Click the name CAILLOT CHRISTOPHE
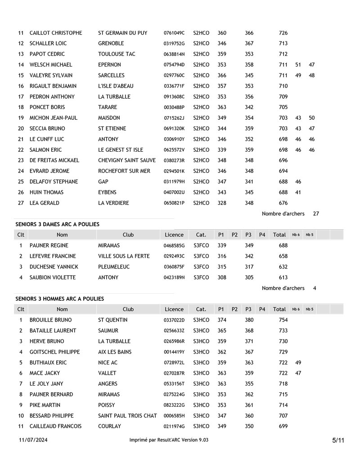point(56,33)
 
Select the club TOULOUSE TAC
point(117,54)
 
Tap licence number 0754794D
point(174,65)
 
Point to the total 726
point(283,33)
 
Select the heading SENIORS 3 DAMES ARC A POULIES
point(58,224)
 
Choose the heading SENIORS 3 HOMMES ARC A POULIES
point(59,299)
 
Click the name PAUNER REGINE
point(49,245)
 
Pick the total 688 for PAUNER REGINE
point(283,245)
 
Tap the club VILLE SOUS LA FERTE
point(124,256)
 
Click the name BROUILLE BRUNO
point(50,320)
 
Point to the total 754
point(283,320)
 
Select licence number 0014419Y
point(174,352)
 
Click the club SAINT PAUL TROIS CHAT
point(127,416)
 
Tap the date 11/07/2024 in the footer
point(33,440)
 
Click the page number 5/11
point(338,440)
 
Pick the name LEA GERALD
point(45,203)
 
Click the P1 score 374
point(222,320)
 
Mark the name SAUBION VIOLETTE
point(53,277)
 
